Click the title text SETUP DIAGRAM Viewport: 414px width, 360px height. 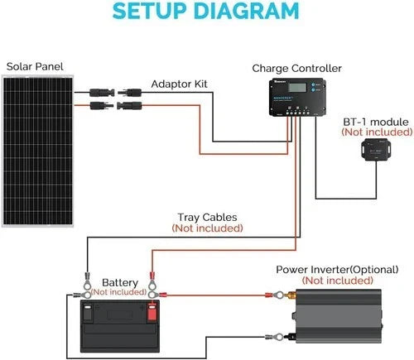tap(205, 12)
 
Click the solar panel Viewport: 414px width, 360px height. tap(38, 149)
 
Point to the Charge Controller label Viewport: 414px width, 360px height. tap(296, 69)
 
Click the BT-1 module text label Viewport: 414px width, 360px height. tap(376, 121)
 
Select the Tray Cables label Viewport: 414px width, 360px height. tap(209, 216)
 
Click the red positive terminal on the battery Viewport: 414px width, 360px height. tap(152, 312)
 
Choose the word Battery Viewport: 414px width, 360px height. tap(119, 282)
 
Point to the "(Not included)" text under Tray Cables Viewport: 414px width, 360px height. tap(209, 227)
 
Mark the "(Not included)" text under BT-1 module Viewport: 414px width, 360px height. tap(376, 132)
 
